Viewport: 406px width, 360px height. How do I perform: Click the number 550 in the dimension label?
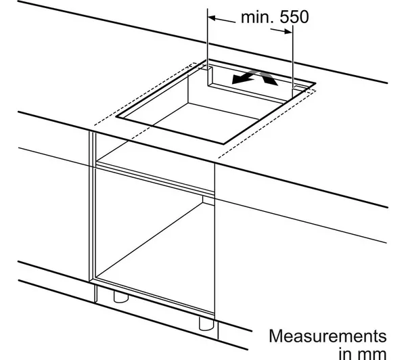point(294,17)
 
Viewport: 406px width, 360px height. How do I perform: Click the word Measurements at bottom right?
point(328,336)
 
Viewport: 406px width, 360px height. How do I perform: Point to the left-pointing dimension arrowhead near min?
point(212,18)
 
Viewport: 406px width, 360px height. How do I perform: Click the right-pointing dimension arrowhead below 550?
point(288,31)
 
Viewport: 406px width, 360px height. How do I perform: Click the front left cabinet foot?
point(121,297)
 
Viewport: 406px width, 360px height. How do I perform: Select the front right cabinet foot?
point(206,323)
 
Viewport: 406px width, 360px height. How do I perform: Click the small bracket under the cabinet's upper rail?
point(208,200)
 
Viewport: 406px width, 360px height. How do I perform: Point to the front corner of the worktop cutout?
point(223,143)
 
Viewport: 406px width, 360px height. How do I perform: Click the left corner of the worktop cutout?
point(116,117)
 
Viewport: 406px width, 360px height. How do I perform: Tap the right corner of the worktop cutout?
point(315,83)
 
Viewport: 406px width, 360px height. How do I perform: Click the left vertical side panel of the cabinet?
point(93,207)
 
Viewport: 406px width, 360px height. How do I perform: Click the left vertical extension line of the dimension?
point(208,47)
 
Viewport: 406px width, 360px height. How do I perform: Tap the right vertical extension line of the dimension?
point(292,61)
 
